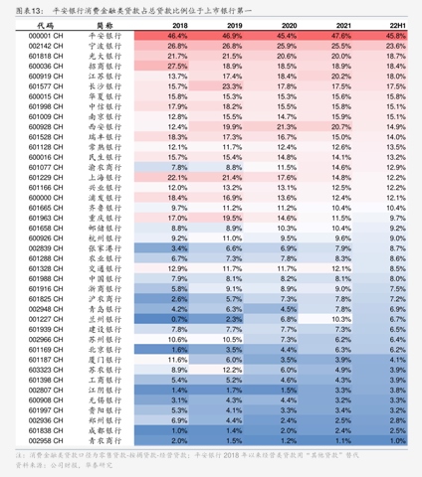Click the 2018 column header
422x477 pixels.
[179, 25]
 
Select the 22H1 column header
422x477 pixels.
[395, 25]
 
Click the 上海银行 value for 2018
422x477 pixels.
[179, 177]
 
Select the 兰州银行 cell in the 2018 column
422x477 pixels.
[179, 319]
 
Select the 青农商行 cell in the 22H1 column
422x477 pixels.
[395, 308]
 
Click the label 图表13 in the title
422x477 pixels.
[21, 8]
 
